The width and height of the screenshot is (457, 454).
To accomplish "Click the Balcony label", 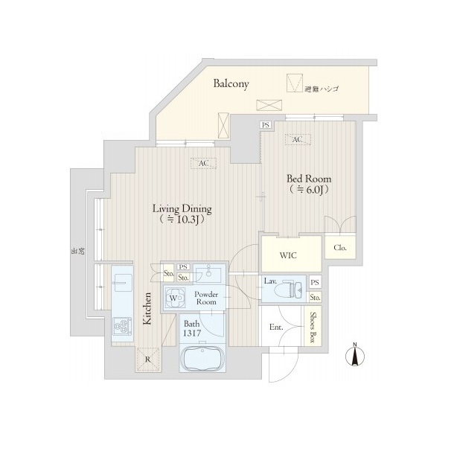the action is point(231,84).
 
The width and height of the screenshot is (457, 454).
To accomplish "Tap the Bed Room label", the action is point(309,179).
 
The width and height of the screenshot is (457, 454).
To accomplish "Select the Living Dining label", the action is point(182,209).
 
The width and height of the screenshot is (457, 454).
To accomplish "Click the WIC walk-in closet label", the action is point(288,255).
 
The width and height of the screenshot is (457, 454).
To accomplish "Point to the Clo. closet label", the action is point(340,248).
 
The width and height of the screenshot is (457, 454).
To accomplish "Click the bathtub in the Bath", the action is point(202,359).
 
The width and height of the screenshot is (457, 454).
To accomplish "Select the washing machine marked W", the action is point(175,298).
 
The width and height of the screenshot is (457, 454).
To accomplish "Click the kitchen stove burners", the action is point(122,326).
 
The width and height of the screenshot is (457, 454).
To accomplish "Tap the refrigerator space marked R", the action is point(148,359).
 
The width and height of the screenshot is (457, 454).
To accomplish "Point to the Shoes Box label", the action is point(313,327).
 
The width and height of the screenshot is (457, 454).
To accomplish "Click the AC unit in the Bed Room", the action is point(298,139).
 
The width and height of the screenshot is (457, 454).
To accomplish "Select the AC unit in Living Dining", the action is point(203,164).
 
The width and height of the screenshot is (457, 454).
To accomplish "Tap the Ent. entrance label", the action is point(276,327).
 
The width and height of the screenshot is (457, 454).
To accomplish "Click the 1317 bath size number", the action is point(192,333).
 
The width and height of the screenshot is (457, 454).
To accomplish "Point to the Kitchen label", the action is point(147,308).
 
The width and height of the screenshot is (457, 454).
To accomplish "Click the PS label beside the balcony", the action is point(266,125).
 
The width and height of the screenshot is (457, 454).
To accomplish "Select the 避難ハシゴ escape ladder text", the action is point(322,89).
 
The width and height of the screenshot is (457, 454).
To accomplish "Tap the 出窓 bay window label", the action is point(78,251).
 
